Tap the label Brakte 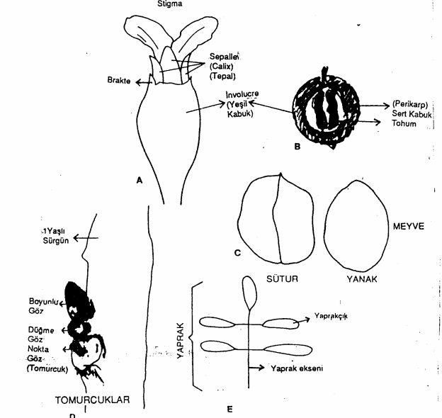click(x=120, y=81)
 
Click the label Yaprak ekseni click(x=297, y=368)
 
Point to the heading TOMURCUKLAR click(x=93, y=400)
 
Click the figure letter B click(x=297, y=147)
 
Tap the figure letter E click(x=229, y=408)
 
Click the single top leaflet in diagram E click(x=249, y=289)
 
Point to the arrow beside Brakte click(x=145, y=81)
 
